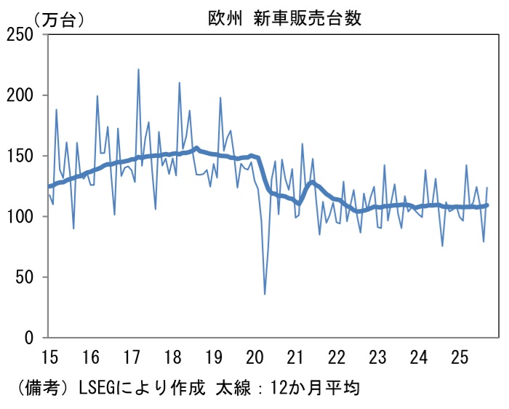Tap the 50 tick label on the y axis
(28, 277)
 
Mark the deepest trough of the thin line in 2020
(265, 294)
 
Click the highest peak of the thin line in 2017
(138, 69)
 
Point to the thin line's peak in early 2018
(180, 83)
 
